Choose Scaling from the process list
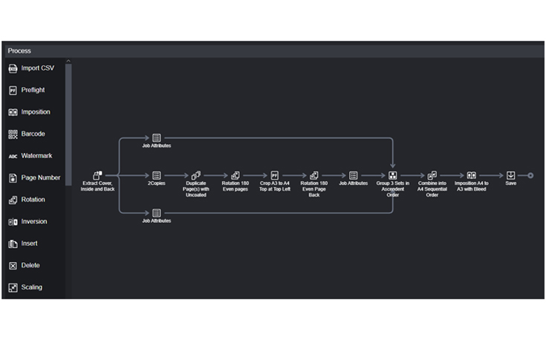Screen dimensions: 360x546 (x=31, y=287)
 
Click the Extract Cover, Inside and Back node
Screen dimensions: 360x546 (x=97, y=176)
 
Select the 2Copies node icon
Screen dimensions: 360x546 (x=157, y=176)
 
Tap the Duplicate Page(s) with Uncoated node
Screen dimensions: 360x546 (x=196, y=176)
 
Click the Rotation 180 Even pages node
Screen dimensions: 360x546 (x=235, y=176)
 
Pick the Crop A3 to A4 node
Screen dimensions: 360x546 (x=275, y=176)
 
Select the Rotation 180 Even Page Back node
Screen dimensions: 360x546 (x=314, y=176)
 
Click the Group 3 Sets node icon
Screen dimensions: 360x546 (x=393, y=176)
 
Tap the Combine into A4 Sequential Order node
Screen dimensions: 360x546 (x=432, y=176)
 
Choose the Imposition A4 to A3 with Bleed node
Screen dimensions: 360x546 (x=471, y=176)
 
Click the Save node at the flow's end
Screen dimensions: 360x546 (x=511, y=176)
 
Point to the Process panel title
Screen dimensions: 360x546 (x=19, y=50)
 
